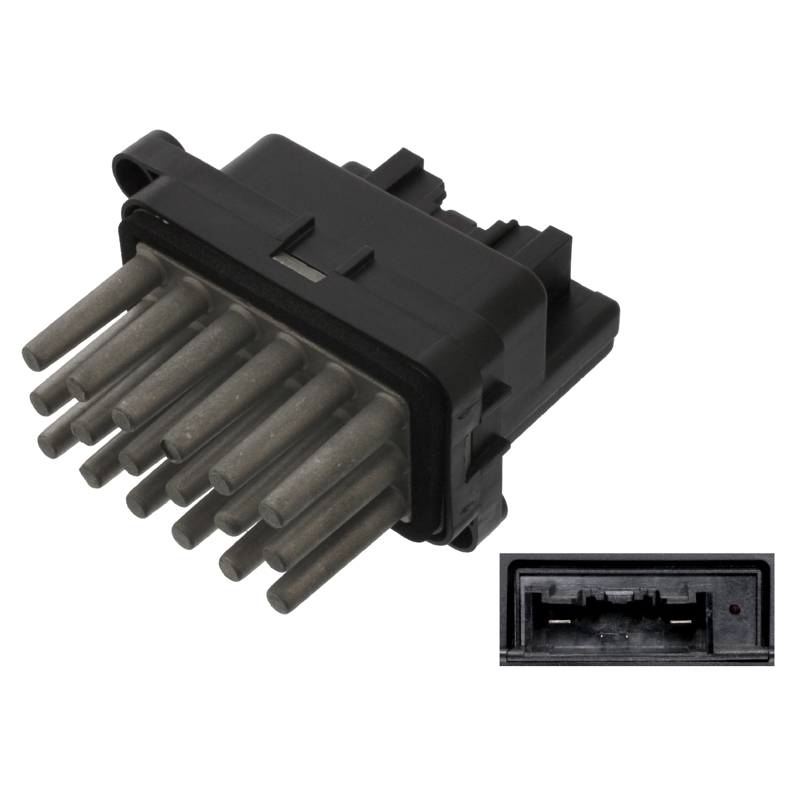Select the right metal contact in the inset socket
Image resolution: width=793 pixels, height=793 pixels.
click(x=682, y=621)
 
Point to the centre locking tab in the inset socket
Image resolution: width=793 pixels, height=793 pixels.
click(x=621, y=597)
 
